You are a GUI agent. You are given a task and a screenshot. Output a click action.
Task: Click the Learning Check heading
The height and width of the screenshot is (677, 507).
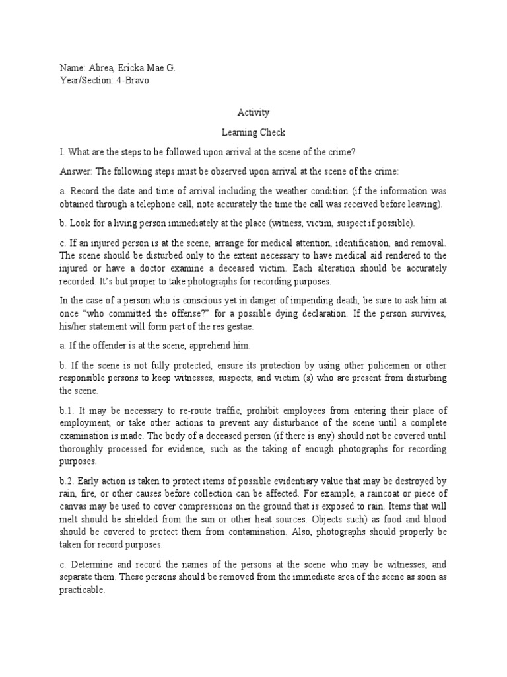tap(253, 132)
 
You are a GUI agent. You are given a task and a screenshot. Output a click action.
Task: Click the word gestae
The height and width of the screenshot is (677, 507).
tap(242, 326)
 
